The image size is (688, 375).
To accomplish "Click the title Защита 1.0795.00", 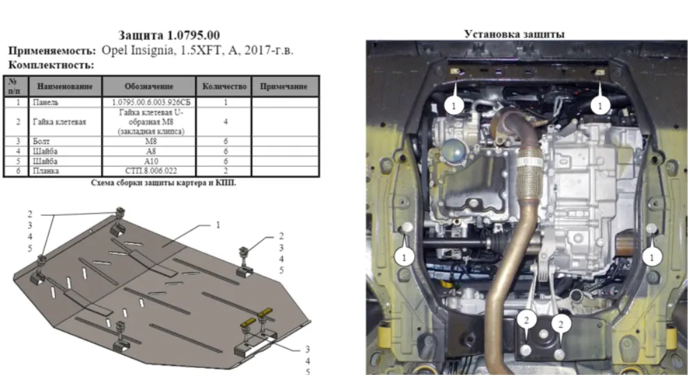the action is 169,35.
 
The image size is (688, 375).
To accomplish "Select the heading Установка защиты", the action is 514,34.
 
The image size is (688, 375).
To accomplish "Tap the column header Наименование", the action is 65,86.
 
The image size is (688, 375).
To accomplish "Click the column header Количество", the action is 224,86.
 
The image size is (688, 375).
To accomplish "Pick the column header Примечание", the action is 283,86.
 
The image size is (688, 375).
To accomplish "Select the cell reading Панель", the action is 46,102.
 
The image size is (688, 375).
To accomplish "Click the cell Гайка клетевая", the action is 59,122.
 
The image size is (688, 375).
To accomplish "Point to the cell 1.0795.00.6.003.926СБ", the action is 151,102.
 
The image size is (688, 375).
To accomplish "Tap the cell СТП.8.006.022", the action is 151,170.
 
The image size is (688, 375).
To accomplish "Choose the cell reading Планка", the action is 46,170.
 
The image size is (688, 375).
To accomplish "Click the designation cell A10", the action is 151,161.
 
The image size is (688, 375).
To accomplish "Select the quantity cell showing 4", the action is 226,122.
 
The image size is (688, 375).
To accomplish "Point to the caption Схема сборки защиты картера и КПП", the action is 163,182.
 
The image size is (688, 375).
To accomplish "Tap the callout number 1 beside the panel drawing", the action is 218,225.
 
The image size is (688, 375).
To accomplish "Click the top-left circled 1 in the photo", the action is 454,105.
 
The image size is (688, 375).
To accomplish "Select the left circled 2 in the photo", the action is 526,320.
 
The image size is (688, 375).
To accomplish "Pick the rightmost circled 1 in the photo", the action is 652,257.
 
